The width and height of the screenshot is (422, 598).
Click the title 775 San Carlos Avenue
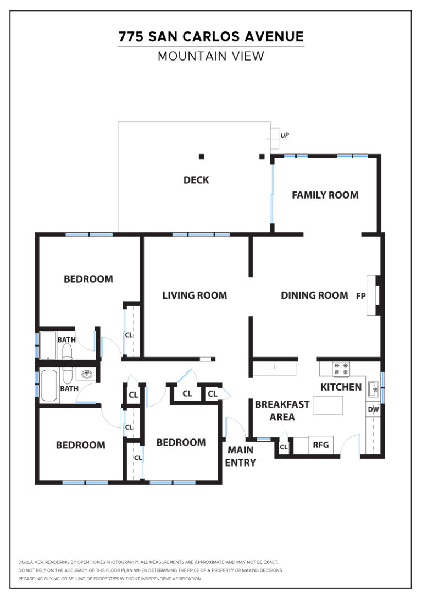[211, 37]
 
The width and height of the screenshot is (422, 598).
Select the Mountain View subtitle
[211, 56]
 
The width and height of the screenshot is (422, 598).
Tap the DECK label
[196, 180]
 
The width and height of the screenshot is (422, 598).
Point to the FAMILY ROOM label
[325, 195]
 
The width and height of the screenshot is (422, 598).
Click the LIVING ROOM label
[195, 295]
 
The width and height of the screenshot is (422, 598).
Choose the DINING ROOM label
[314, 295]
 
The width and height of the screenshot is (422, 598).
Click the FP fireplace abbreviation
[361, 295]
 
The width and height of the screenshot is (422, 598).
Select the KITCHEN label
[341, 387]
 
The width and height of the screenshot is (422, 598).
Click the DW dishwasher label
[373, 409]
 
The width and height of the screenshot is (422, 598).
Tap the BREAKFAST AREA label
[282, 410]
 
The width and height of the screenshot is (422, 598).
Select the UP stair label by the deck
[285, 135]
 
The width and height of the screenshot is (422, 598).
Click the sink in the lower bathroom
[87, 375]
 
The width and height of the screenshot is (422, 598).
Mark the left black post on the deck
[202, 156]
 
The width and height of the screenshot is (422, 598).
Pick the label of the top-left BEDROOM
[88, 279]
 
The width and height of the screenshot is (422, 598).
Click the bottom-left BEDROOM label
[81, 445]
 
